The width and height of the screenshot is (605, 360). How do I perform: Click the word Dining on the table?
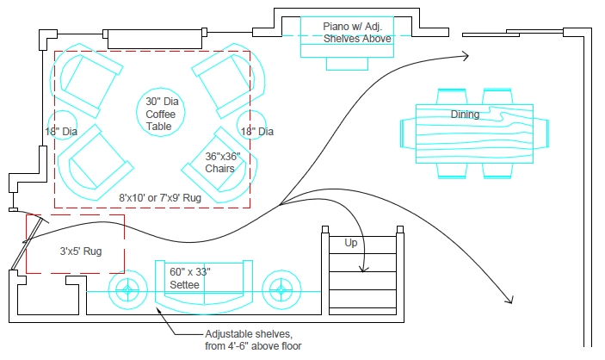[x=465, y=115]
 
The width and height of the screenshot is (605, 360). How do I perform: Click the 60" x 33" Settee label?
[x=190, y=277]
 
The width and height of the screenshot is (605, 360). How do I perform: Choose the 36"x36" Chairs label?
[x=220, y=163]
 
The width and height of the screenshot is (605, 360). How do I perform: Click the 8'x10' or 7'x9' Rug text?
[x=160, y=197]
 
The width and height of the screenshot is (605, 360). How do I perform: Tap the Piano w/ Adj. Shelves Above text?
[x=357, y=33]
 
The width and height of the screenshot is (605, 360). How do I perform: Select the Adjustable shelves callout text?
[x=250, y=340]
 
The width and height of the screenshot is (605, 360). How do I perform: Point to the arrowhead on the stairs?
[x=363, y=269]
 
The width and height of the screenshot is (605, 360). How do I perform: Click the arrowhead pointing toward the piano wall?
[x=466, y=57]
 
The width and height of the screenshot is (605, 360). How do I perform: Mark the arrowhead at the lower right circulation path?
[x=509, y=301]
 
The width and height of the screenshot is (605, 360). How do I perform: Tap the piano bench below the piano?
[x=356, y=62]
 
